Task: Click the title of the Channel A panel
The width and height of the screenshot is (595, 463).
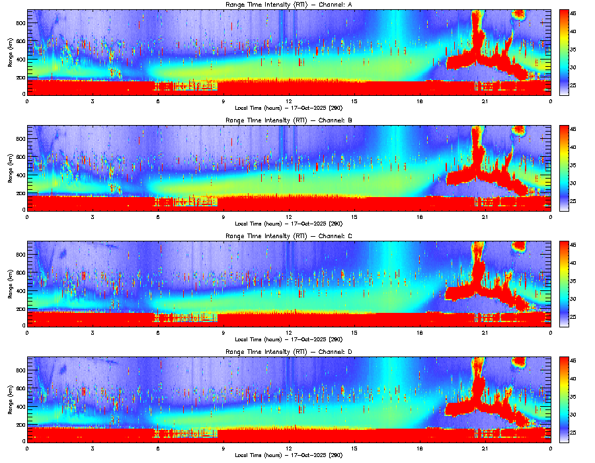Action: point(288,5)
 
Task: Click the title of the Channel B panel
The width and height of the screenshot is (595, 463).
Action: point(288,121)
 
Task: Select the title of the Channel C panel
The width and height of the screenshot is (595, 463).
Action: point(288,236)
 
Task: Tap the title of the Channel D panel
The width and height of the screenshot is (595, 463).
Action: point(288,352)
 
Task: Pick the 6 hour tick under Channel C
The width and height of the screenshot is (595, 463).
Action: point(158,332)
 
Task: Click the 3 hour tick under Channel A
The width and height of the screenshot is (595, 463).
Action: point(93,101)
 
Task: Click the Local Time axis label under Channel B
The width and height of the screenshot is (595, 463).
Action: point(288,224)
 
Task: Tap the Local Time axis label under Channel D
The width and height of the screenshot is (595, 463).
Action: point(288,455)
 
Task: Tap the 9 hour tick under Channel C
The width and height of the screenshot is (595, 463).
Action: point(223,332)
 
